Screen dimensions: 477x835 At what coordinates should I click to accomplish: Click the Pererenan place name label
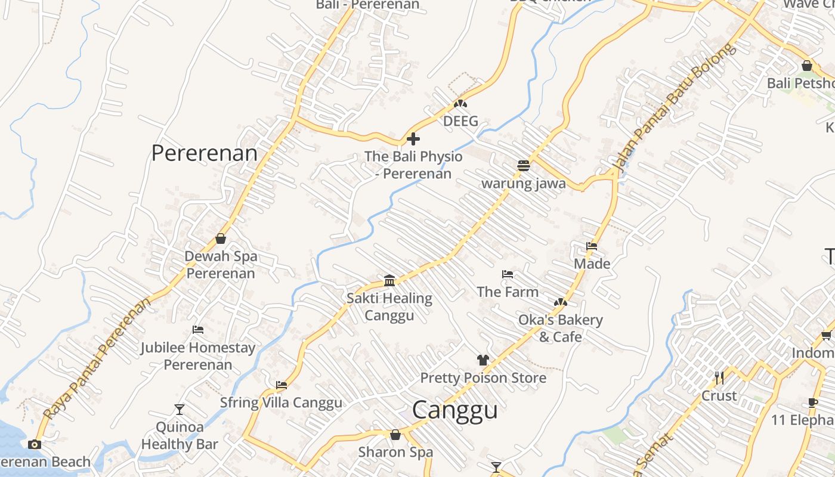[204, 153]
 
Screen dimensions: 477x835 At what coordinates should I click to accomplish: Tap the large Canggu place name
[454, 410]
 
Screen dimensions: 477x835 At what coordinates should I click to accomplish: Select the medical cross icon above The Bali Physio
[413, 140]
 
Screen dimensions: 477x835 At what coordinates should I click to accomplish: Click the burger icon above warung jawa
[523, 166]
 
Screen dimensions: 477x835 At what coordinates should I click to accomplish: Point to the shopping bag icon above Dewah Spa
[221, 238]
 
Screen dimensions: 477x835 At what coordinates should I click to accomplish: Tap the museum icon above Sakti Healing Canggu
[389, 280]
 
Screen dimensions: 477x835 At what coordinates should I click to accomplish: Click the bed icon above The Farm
[508, 274]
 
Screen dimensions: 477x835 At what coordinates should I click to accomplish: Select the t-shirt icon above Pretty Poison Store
[483, 360]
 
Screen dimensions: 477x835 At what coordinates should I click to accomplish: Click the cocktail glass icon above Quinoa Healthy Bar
[179, 409]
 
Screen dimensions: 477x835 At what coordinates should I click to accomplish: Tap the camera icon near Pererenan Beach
[35, 444]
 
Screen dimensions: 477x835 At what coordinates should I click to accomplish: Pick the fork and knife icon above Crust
[719, 377]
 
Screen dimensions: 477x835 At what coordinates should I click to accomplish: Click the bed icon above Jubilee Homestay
[198, 330]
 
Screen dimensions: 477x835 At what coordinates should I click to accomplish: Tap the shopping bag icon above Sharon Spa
[395, 435]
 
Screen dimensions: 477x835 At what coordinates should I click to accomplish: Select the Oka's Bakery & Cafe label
[560, 328]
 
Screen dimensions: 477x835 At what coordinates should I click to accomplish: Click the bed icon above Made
[592, 246]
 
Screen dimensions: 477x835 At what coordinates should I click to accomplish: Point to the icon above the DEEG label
[460, 104]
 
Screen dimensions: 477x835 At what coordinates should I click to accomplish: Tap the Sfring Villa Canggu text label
[281, 402]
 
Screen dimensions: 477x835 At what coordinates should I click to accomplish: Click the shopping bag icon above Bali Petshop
[806, 66]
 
